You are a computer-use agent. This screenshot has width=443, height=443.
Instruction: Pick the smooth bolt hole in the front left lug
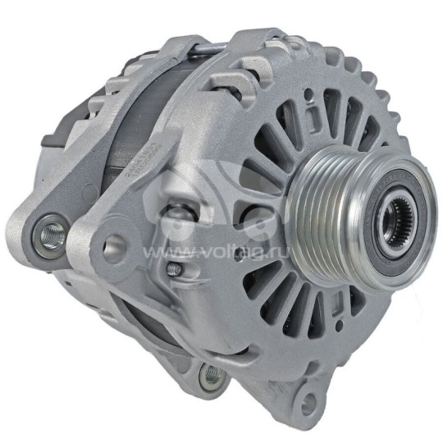[114, 245]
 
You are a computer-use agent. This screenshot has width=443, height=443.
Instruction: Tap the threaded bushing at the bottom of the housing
[212, 376]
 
